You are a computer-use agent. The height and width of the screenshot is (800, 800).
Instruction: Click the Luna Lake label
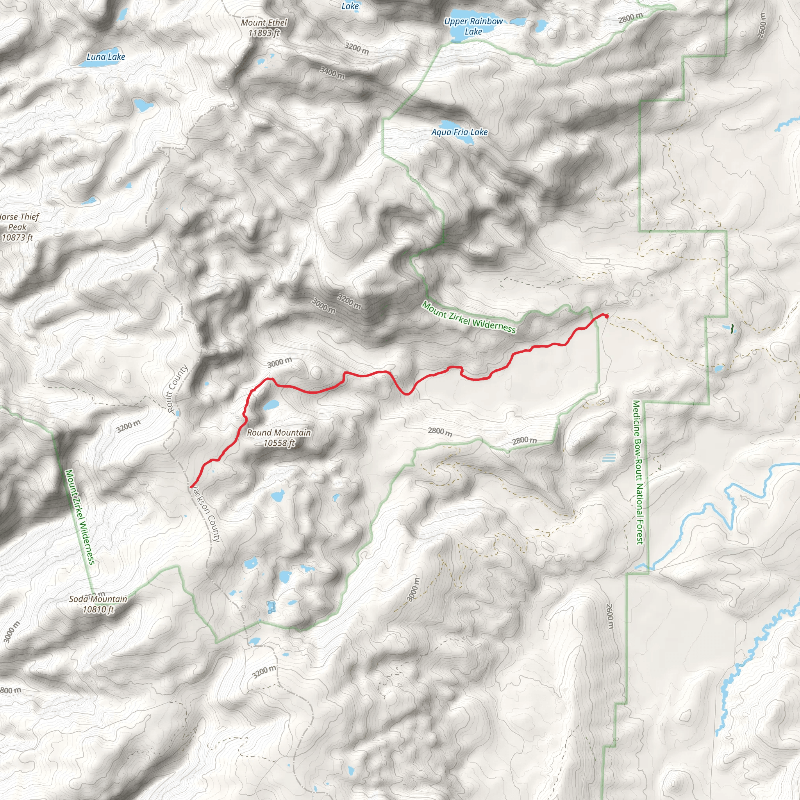(105, 57)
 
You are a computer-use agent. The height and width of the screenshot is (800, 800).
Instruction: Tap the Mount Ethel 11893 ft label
(264, 28)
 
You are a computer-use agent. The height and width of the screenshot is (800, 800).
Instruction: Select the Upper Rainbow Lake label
(473, 26)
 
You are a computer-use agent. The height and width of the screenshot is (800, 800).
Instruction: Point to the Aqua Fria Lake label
(460, 132)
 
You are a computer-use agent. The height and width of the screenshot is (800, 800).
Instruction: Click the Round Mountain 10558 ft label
(279, 437)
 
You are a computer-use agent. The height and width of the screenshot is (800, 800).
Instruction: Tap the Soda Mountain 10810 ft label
(98, 604)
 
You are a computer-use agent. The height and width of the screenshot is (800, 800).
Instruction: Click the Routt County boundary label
(177, 388)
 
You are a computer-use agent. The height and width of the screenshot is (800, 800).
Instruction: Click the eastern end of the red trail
(606, 316)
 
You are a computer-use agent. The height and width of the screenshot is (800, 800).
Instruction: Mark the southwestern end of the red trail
(191, 486)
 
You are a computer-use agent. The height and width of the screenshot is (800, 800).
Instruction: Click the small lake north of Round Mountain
(271, 405)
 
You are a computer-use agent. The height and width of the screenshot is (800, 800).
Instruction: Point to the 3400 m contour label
(332, 73)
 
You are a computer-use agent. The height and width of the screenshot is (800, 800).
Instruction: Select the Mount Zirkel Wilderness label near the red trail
(469, 317)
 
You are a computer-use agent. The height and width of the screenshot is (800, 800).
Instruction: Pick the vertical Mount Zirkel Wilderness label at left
(80, 517)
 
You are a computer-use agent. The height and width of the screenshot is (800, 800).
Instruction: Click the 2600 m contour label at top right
(761, 26)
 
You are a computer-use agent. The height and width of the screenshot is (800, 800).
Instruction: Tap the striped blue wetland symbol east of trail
(609, 457)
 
